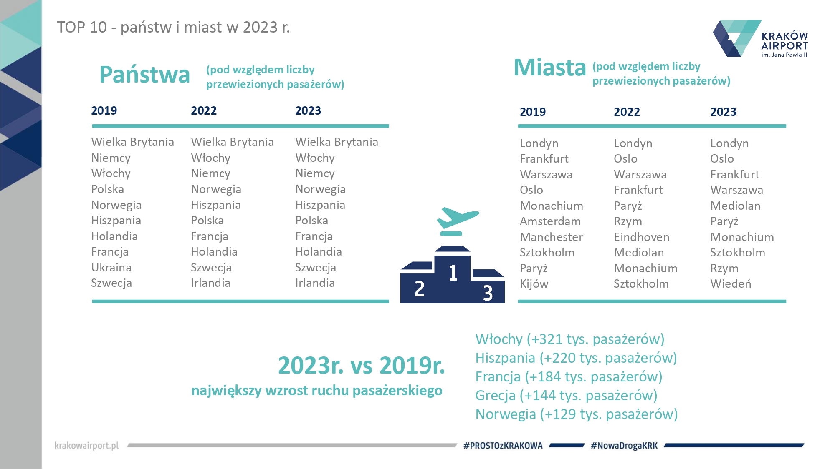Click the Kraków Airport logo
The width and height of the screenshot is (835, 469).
pos(760,38)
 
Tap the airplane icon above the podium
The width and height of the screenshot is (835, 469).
pos(457,218)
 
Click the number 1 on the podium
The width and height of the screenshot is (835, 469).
pos(453,273)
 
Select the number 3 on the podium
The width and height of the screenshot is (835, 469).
pos(488,293)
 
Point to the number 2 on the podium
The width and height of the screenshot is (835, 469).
pos(419,289)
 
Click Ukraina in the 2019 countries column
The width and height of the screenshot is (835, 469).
pos(111,268)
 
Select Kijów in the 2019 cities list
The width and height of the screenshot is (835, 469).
pos(534,284)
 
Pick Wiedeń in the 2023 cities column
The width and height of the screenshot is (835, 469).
pos(731,284)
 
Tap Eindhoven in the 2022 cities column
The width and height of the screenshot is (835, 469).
pos(641,237)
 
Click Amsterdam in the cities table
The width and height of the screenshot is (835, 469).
pos(550,221)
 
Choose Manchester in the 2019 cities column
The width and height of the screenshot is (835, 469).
pos(551,237)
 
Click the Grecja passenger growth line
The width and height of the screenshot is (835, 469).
pos(566,395)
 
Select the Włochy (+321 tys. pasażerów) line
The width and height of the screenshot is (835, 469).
pos(569,339)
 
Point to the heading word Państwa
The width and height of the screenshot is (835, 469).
pos(144,75)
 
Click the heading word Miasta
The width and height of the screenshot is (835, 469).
pos(550,68)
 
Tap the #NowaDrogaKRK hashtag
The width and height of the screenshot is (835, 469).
pos(624,446)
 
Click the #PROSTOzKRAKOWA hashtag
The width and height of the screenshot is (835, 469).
pos(503,446)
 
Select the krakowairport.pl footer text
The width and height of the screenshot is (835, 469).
pos(87,446)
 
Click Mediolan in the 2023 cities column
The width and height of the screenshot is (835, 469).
pos(735,206)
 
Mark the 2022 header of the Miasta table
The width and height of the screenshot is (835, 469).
pos(627,112)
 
